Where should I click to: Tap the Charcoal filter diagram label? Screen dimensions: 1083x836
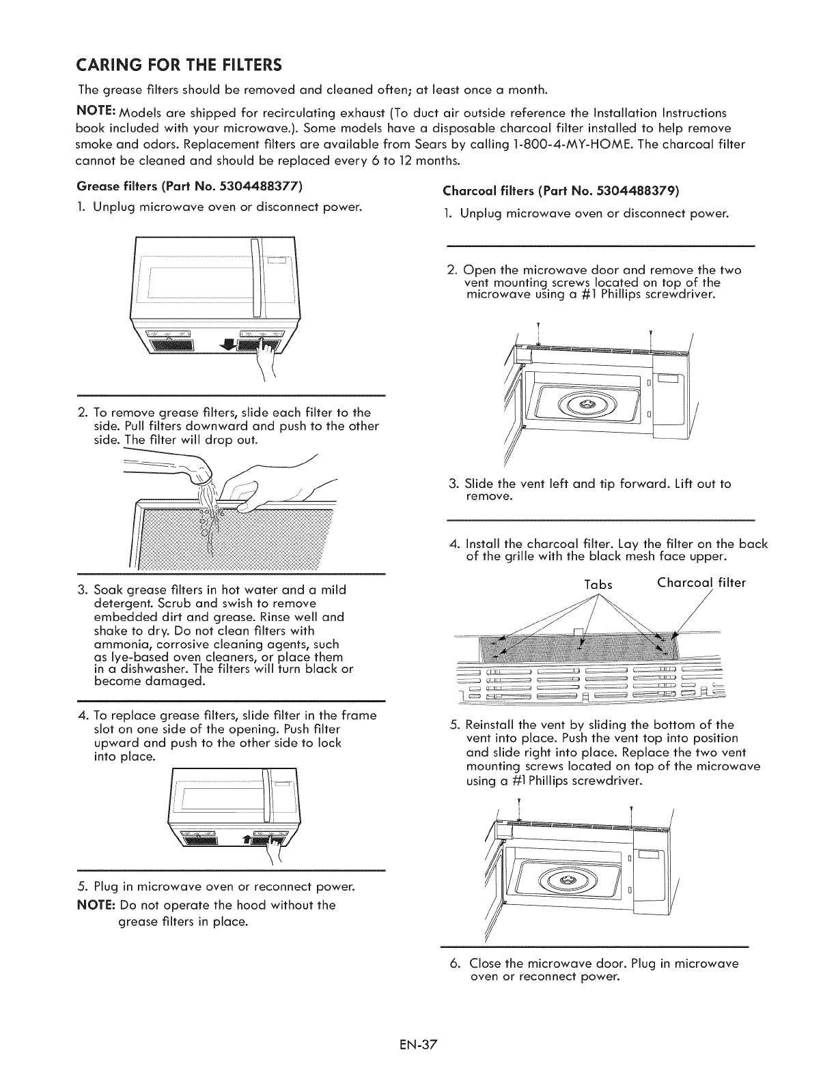(701, 583)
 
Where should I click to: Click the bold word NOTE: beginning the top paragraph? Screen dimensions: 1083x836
(95, 112)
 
